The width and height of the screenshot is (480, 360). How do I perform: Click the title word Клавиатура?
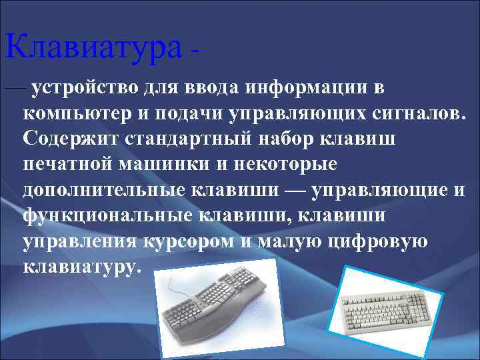tap(92, 47)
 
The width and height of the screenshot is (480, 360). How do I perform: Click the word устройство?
tap(83, 87)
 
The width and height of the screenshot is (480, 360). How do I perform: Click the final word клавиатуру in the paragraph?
tap(80, 267)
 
